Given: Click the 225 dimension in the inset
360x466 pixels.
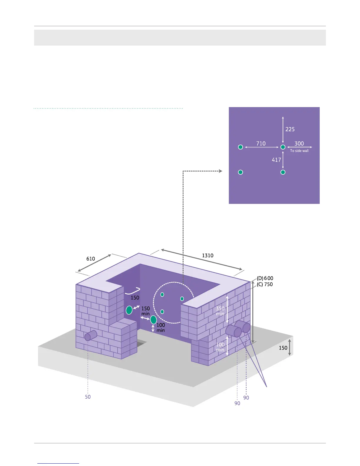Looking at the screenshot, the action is [x=290, y=129].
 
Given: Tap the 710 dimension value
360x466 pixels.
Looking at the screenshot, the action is [x=261, y=144].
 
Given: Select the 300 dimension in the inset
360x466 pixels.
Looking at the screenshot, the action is [x=299, y=144].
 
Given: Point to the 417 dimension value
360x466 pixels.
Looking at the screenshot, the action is [x=276, y=160].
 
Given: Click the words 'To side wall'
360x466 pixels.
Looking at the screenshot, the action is [x=299, y=151].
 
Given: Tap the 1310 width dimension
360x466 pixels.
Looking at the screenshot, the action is [x=207, y=255].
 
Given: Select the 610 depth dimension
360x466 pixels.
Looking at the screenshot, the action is [x=91, y=259].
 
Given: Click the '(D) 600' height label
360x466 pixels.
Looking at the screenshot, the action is [x=265, y=278].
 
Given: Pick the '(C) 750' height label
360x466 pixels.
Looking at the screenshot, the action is [x=265, y=284].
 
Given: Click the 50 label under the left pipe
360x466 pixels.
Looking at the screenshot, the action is [x=88, y=397].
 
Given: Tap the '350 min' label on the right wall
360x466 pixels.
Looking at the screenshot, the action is [x=220, y=311].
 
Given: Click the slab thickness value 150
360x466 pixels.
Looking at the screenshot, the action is [x=283, y=348].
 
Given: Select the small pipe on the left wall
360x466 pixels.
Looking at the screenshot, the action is [x=91, y=336].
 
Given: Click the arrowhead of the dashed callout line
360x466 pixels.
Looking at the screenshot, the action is [x=221, y=171].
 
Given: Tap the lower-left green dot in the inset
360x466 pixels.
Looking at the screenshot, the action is [x=240, y=172].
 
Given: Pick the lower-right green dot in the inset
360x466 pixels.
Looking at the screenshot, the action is [x=283, y=172].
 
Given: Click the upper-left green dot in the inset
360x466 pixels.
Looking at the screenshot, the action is [x=240, y=147].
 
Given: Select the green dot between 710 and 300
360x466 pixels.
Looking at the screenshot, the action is [x=283, y=147].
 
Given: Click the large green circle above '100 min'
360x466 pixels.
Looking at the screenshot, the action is [x=153, y=320].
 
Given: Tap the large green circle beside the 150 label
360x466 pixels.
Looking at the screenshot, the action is [x=129, y=310].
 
